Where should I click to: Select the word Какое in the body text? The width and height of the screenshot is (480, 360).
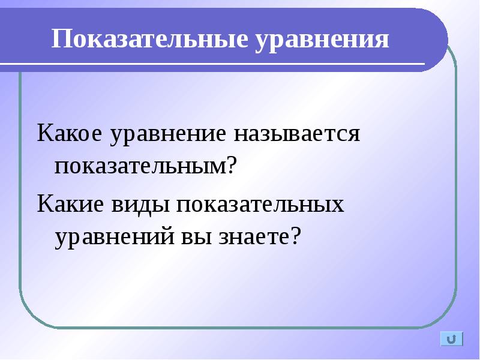pos(69,133)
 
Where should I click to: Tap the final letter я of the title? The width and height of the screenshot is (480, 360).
pos(383,41)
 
